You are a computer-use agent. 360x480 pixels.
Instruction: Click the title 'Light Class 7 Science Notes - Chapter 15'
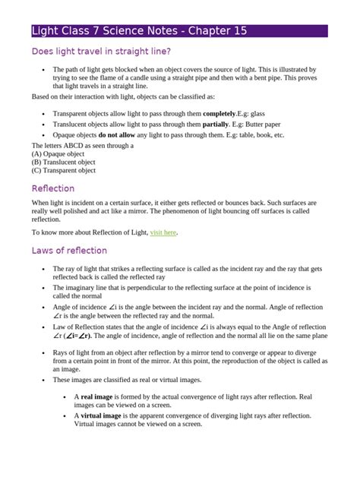(139, 31)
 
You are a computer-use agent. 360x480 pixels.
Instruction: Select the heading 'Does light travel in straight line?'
(101, 52)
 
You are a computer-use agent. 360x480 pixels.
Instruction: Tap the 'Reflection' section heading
(53, 188)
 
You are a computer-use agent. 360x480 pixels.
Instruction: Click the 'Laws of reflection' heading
(69, 250)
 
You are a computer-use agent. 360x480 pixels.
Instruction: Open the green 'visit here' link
(164, 232)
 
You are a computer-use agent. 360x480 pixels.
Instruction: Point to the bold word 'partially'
(219, 124)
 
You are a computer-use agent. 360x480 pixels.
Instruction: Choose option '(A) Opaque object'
(58, 153)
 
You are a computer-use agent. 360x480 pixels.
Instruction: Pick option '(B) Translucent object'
(63, 162)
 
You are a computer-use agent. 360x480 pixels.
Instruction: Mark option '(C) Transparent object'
(64, 170)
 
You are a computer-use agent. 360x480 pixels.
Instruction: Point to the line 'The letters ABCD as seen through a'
(82, 145)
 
